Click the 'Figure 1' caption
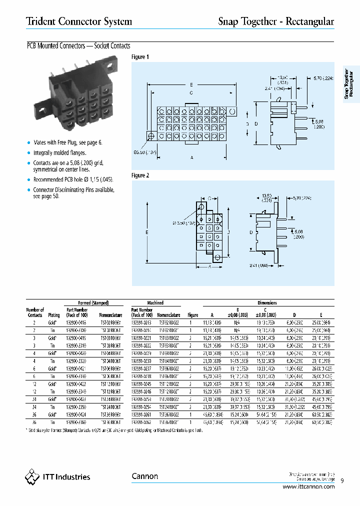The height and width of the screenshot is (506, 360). (140, 57)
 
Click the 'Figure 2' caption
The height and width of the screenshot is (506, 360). (140, 175)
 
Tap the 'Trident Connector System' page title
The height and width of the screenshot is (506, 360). (79, 21)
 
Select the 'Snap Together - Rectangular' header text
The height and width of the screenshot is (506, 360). (276, 21)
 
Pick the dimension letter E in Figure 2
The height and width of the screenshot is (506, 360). (148, 232)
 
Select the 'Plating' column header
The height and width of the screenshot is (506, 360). (53, 315)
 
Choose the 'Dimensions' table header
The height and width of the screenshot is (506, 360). (267, 303)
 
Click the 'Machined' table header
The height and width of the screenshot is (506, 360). (155, 303)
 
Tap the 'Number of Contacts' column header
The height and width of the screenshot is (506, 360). (35, 312)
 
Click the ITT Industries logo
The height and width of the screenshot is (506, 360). (57, 476)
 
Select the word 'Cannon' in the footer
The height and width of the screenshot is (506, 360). (144, 476)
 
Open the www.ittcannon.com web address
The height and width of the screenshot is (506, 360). (308, 486)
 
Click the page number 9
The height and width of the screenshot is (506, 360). (342, 481)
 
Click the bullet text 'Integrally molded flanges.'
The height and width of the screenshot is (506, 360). (59, 153)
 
